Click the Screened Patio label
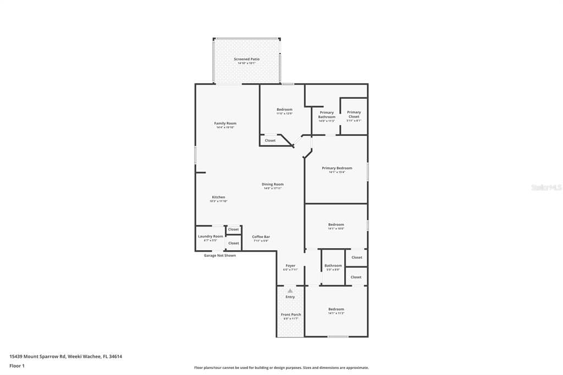tap(246, 59)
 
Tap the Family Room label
tap(225, 124)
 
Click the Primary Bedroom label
tap(336, 168)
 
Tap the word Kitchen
tap(218, 197)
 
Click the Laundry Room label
tap(210, 236)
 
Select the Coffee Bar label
tap(261, 237)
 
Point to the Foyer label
tap(290, 266)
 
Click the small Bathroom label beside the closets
tap(333, 266)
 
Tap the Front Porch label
tap(291, 315)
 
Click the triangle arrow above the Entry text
tap(290, 290)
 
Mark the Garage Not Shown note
tap(219, 256)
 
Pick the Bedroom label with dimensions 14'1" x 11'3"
tap(336, 310)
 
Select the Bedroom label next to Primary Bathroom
tap(284, 110)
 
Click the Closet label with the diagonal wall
tap(270, 141)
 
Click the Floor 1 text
tap(17, 366)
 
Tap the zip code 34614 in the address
tap(115, 356)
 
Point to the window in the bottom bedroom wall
tap(338, 337)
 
